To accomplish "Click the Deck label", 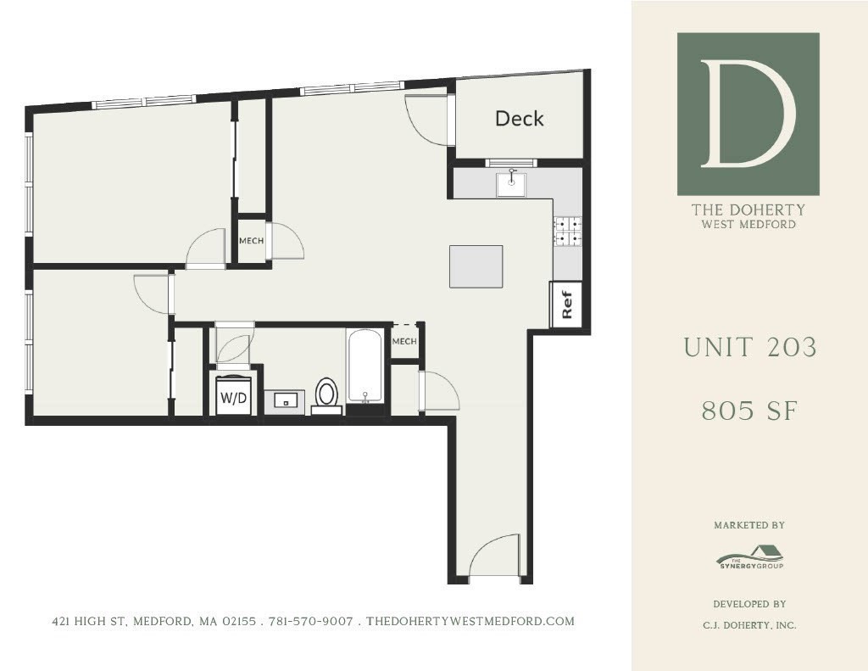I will coord(519,119).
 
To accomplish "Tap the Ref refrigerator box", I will coord(567,304).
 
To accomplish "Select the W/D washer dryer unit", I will coord(233,397).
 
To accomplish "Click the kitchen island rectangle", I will coord(476,266).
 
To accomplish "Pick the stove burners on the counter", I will coord(567,232).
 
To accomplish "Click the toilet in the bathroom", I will coord(326,394).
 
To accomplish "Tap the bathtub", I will coord(365,366).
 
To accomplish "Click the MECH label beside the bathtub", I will coord(404,342).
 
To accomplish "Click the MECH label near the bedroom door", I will coord(251,241).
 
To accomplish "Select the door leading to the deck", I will coord(428,120).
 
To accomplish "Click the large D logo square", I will coord(748,115).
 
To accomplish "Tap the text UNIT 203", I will coord(749,347).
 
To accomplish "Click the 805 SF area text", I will coord(749,411).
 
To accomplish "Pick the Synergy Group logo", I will coord(749,559).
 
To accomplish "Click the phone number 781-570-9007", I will coord(310,622).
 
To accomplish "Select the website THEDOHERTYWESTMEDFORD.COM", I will coord(470,622).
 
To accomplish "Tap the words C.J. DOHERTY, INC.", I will coord(749,626).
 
